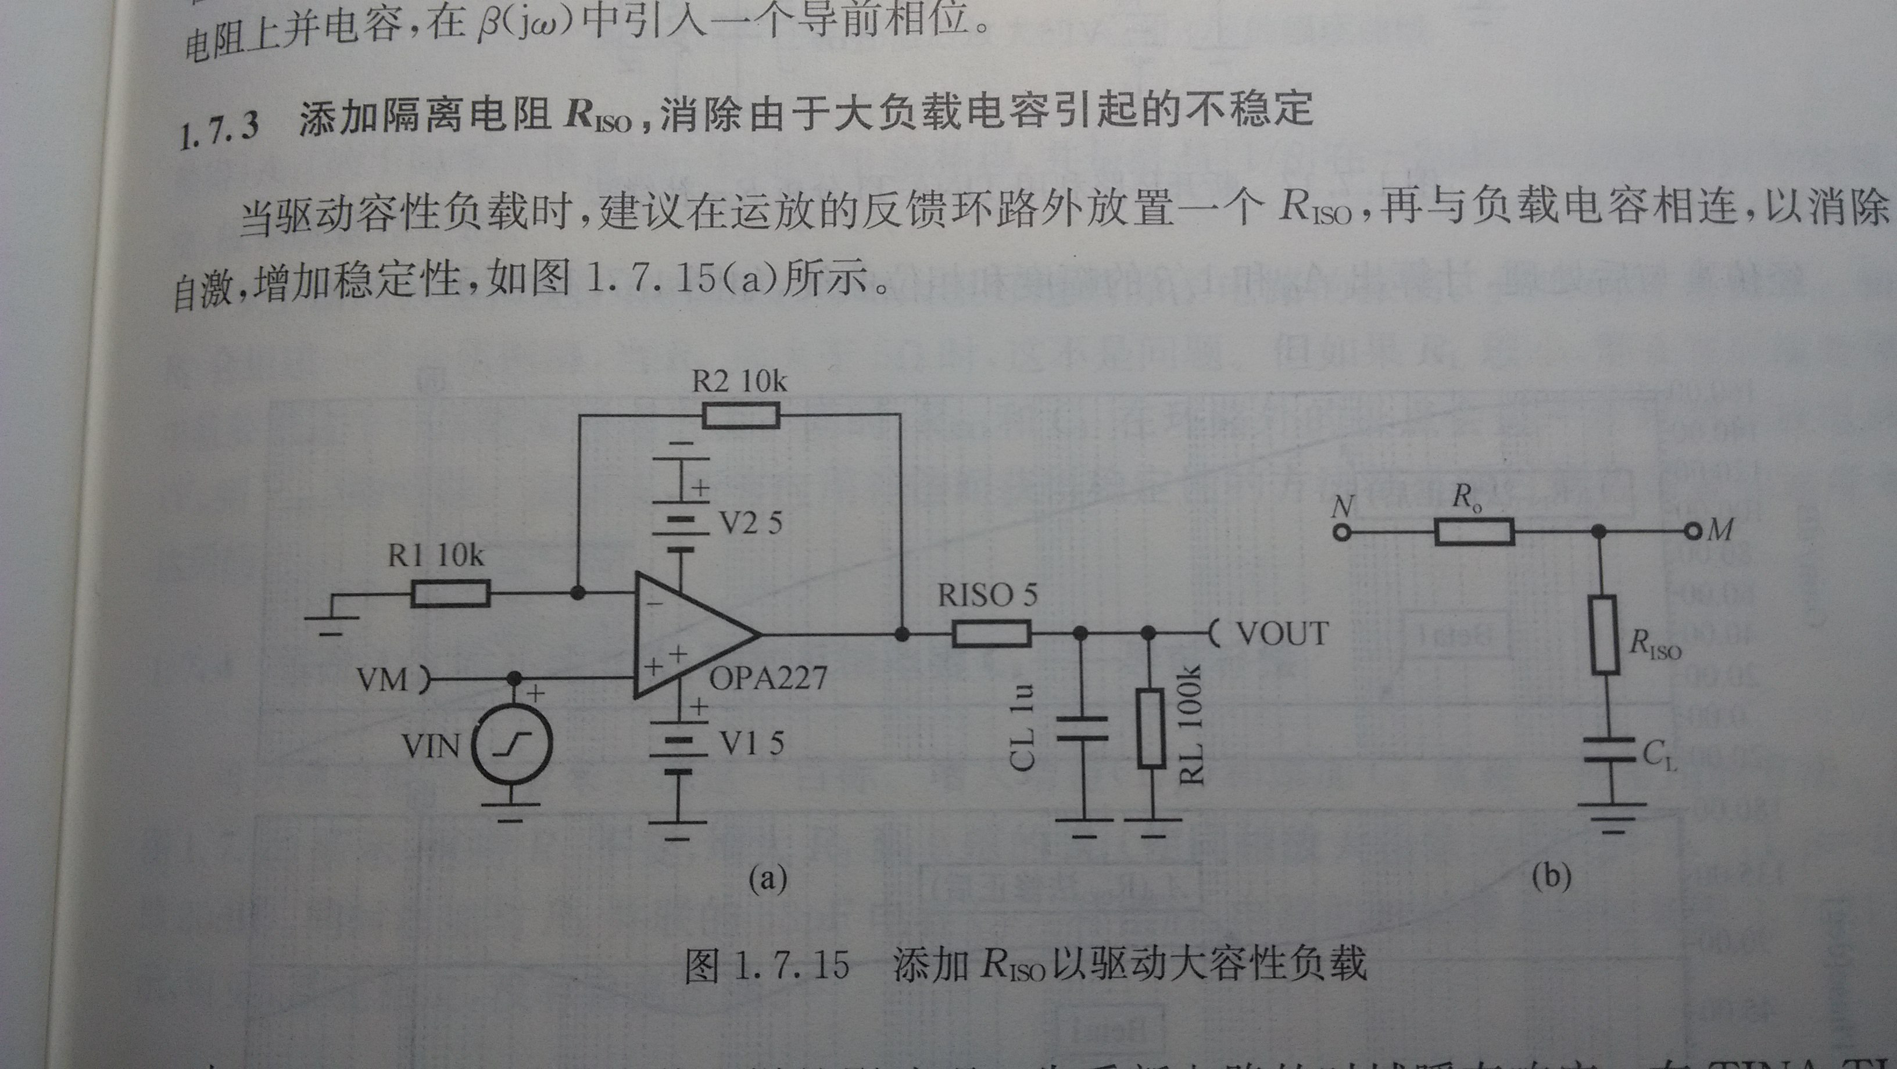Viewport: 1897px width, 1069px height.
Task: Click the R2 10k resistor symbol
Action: coord(740,415)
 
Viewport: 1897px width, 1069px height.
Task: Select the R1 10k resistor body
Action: coord(450,593)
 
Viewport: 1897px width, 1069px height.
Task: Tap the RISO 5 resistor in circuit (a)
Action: coord(990,633)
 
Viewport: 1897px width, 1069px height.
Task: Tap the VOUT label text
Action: coord(1282,634)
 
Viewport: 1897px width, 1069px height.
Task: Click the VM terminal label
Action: coord(382,679)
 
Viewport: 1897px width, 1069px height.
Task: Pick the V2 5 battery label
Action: coord(750,523)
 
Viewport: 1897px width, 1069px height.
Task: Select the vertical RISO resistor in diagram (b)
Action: coord(1605,634)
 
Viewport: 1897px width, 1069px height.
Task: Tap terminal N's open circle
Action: coord(1342,532)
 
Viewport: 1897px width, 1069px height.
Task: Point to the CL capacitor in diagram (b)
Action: coord(1611,752)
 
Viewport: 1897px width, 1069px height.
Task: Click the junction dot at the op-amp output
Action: coord(901,634)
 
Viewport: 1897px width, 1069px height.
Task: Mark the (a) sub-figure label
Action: coord(767,878)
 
